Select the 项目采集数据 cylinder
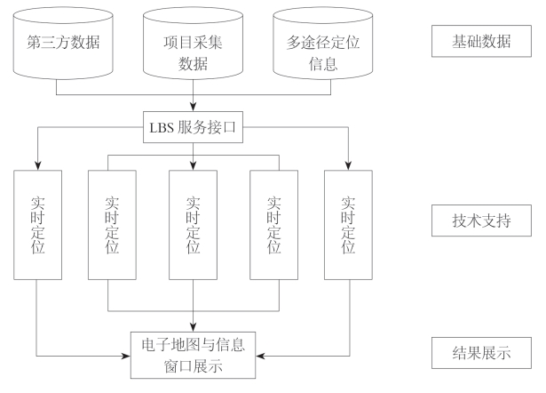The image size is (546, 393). coord(193,44)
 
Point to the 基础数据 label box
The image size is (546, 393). coord(480,40)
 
